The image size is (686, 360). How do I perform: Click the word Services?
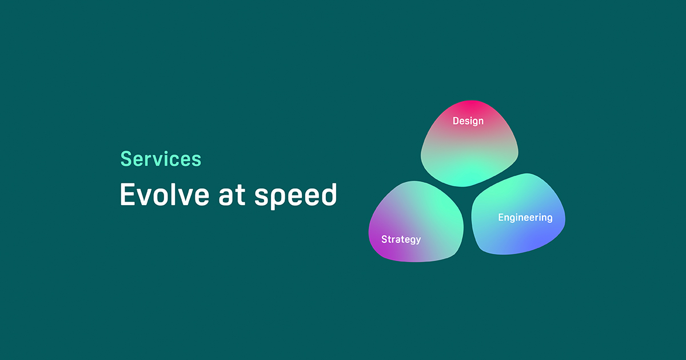pos(161,159)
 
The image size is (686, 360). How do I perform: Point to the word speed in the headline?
pos(296,196)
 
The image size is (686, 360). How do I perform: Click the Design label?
pos(468,121)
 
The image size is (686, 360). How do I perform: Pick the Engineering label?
pos(525,218)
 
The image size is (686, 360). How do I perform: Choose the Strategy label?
pos(401,239)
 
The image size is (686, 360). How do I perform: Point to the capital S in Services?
pos(126,159)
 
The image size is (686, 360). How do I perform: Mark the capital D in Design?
pos(456,121)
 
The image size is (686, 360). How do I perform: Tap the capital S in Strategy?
pos(384,239)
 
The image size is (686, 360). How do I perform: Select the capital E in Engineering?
pos(501,218)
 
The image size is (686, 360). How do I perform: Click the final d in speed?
pos(329,195)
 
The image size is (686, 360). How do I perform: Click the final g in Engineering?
pos(549,219)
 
